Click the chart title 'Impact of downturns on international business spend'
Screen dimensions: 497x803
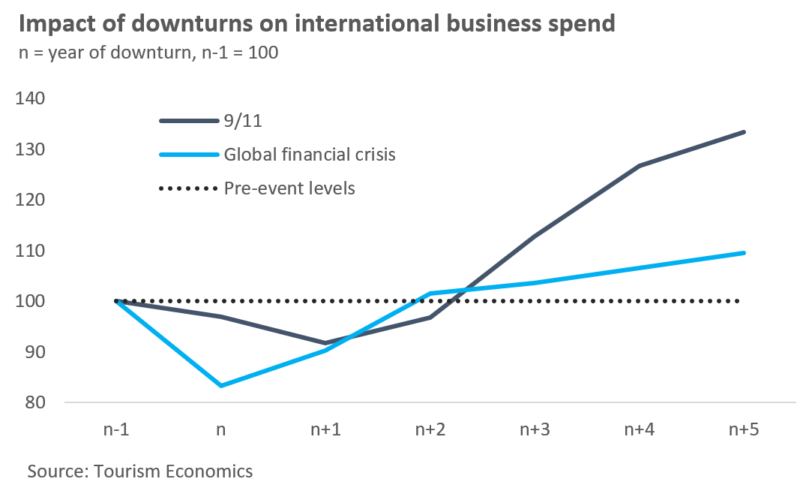pyautogui.click(x=316, y=23)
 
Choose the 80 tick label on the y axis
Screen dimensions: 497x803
pyautogui.click(x=34, y=402)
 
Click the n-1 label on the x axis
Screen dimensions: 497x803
pyautogui.click(x=116, y=430)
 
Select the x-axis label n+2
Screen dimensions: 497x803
pyautogui.click(x=430, y=430)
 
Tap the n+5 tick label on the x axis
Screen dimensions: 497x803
pyautogui.click(x=743, y=430)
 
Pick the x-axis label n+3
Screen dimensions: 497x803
pyautogui.click(x=534, y=430)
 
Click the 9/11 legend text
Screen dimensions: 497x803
pyautogui.click(x=243, y=122)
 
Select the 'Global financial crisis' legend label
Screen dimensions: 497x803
pyautogui.click(x=310, y=155)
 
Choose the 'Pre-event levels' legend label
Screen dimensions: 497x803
pyautogui.click(x=289, y=188)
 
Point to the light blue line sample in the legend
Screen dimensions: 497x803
pyautogui.click(x=187, y=155)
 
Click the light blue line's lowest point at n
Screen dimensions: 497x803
pyautogui.click(x=220, y=386)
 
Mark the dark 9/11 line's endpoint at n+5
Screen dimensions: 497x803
pyautogui.click(x=743, y=132)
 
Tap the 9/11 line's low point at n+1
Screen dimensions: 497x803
pyautogui.click(x=325, y=343)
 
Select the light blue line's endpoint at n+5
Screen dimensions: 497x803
pyautogui.click(x=743, y=253)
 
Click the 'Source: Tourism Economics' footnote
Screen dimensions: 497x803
pyautogui.click(x=140, y=471)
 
